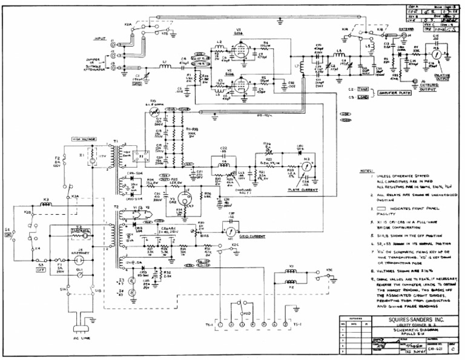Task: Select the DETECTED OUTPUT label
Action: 432,89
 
